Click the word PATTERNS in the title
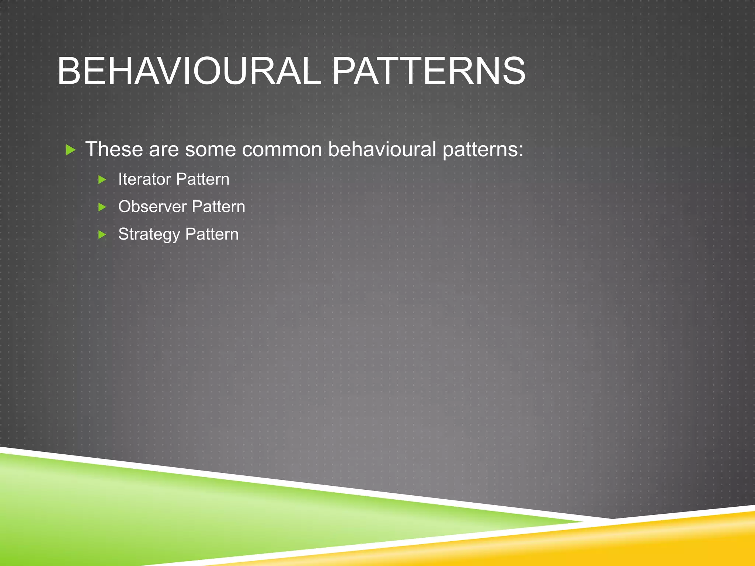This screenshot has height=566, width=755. point(429,71)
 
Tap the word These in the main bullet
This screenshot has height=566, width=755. point(114,149)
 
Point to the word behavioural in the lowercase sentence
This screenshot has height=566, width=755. point(382,149)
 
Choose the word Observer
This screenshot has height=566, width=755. point(152,207)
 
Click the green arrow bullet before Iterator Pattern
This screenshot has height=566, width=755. point(102,180)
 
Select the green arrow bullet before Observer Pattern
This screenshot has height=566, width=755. point(102,207)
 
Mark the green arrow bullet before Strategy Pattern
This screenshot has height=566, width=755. point(102,234)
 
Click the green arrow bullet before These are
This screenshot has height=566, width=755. point(70,150)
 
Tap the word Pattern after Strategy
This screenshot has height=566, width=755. point(212,234)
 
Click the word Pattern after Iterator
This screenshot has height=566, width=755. point(203,179)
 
